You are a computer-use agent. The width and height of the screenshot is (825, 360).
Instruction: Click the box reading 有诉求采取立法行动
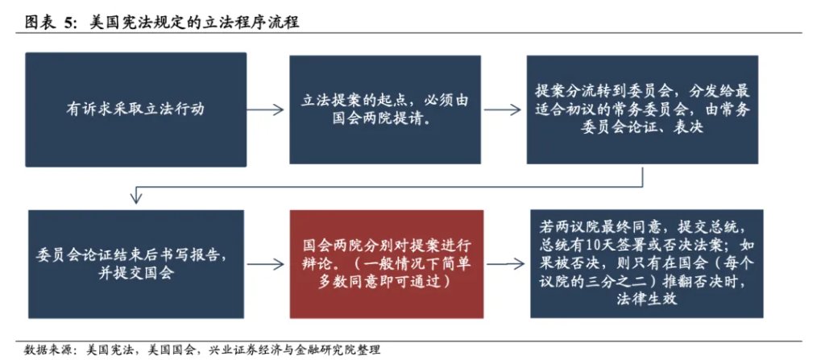click(x=135, y=110)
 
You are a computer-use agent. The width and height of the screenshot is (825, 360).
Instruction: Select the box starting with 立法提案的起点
click(x=384, y=110)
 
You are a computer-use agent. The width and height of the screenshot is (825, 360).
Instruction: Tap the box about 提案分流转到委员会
click(x=642, y=110)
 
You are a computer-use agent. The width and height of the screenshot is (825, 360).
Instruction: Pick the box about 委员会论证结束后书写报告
click(x=135, y=264)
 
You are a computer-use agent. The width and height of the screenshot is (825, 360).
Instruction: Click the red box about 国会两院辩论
click(x=386, y=264)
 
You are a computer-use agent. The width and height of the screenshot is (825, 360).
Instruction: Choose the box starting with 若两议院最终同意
click(x=647, y=263)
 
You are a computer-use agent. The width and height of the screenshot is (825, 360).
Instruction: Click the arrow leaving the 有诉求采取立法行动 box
click(x=265, y=110)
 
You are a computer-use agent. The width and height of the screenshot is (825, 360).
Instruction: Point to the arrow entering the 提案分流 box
click(x=503, y=110)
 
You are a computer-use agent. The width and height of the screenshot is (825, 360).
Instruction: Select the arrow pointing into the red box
click(x=266, y=264)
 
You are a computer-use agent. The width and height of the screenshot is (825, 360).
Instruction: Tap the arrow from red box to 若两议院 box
click(x=506, y=264)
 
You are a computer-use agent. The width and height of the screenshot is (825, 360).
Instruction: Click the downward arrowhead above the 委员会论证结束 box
click(x=135, y=197)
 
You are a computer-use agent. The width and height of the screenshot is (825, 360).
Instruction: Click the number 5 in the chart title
click(x=69, y=23)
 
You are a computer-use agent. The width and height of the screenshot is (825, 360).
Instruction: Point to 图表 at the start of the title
click(x=40, y=23)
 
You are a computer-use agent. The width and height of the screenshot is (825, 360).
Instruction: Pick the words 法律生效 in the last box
click(x=647, y=299)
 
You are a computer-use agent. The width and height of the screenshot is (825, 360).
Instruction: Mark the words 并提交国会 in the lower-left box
click(x=135, y=274)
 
